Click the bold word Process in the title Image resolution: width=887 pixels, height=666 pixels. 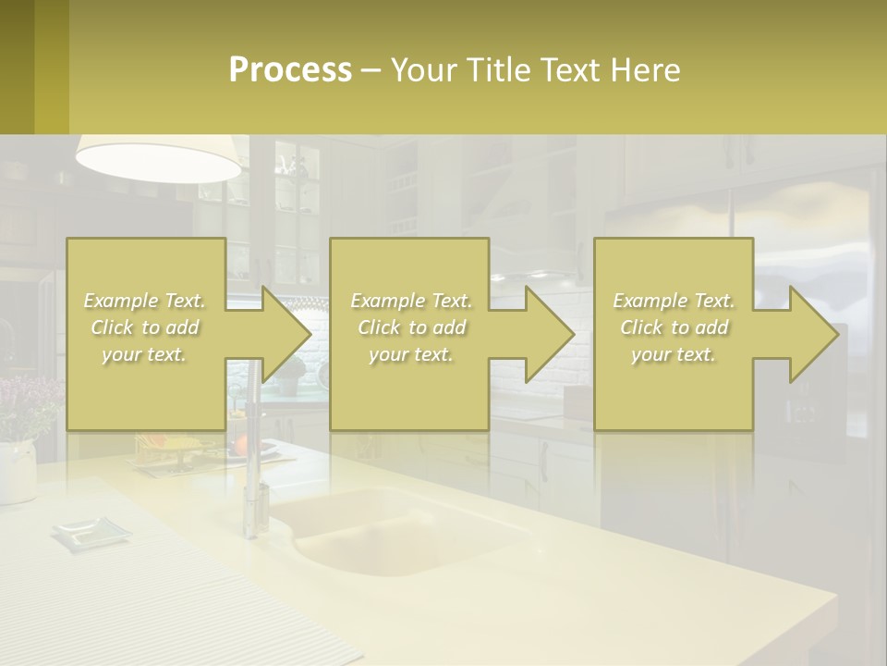click(x=290, y=70)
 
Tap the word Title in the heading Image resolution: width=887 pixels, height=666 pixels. click(x=497, y=70)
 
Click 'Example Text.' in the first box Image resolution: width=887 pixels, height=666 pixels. click(x=144, y=301)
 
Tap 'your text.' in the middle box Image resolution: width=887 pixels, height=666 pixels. click(x=410, y=354)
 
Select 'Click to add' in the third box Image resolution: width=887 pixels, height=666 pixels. click(x=674, y=327)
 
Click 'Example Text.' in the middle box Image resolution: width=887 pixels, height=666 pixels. click(x=410, y=301)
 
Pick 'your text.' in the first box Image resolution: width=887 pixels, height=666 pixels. click(x=144, y=354)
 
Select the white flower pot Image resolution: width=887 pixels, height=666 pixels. click(x=16, y=472)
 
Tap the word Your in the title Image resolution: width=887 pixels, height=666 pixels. click(x=423, y=70)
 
